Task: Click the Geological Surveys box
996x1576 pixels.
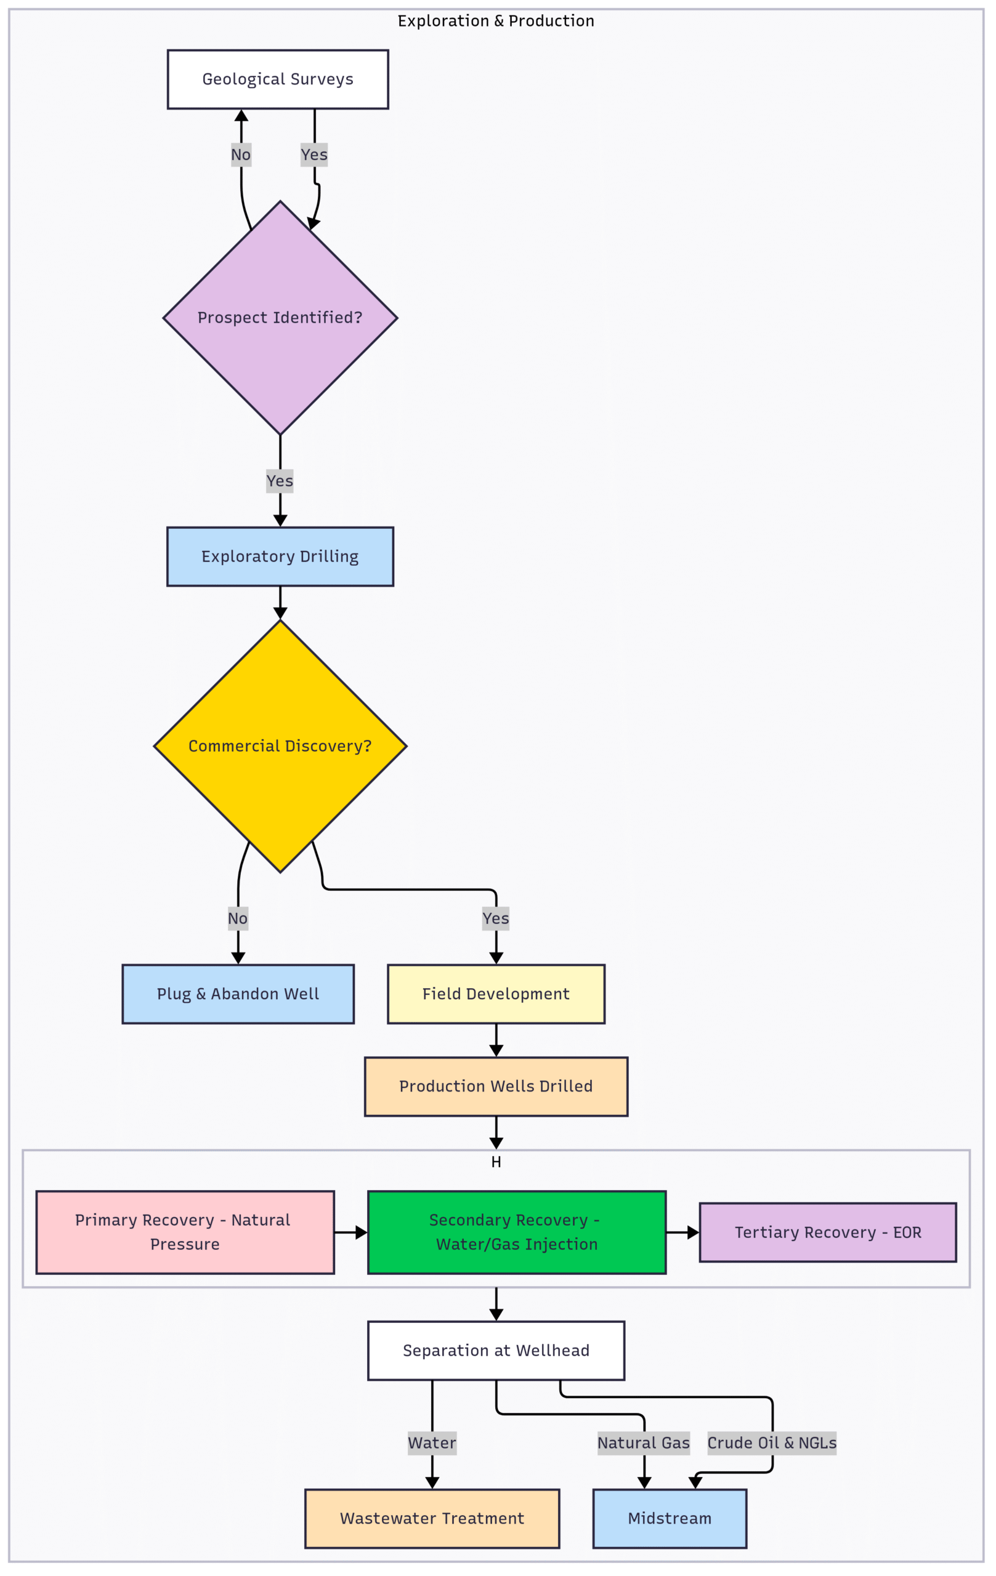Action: pos(278,79)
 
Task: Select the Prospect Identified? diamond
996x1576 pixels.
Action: pos(280,318)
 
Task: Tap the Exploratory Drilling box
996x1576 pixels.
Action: pos(280,557)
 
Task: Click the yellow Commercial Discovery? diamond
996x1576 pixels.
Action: pos(280,746)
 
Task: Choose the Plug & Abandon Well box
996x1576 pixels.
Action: pos(238,994)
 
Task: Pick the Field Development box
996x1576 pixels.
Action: pos(496,994)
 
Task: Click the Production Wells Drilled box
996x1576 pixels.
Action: pos(496,1087)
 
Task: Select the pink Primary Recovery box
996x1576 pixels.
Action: pos(185,1232)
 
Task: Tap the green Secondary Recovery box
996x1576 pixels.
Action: pos(517,1232)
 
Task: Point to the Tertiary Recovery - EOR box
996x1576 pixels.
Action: pos(828,1232)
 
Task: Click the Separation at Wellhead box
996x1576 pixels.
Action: pos(496,1351)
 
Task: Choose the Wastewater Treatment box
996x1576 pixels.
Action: pos(432,1519)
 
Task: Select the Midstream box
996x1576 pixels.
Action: pos(670,1519)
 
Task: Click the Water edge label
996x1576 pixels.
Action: pos(432,1443)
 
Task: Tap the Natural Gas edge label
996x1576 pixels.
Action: pos(644,1443)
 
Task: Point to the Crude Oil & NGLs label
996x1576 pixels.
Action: pos(772,1443)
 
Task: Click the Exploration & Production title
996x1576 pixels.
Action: pos(496,21)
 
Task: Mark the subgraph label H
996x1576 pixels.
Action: pos(496,1162)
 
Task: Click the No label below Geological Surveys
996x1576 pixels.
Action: pos(241,155)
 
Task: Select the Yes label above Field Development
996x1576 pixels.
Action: pos(496,919)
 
